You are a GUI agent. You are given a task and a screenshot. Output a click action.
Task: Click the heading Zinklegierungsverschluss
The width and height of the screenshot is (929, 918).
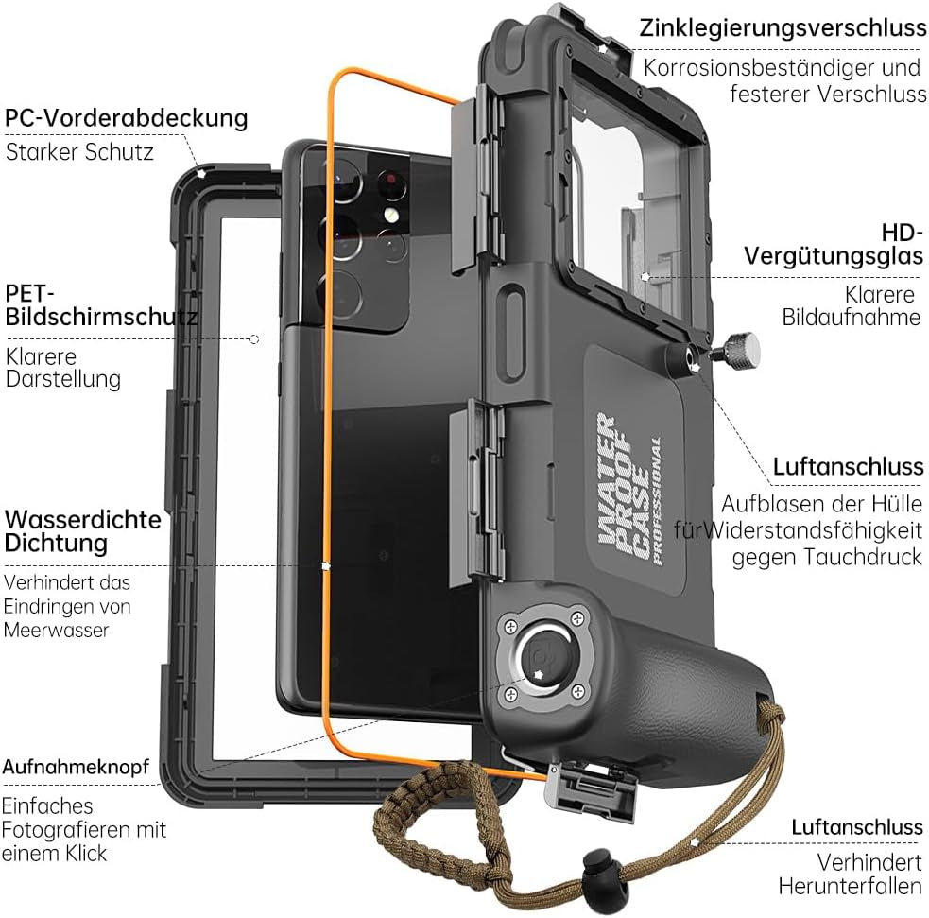tap(782, 27)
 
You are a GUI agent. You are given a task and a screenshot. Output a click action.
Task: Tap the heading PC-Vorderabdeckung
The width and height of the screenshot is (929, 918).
tap(127, 118)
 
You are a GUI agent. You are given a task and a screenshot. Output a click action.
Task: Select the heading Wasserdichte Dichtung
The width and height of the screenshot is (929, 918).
tap(83, 531)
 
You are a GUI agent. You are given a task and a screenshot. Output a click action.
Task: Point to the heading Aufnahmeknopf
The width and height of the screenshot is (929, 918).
tap(76, 767)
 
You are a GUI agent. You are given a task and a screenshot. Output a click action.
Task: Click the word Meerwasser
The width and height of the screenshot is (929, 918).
tap(57, 630)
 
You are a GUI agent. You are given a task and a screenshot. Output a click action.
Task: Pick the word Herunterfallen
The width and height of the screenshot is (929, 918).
tap(850, 886)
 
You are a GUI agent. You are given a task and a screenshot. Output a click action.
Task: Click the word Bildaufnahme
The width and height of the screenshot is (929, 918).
tap(851, 317)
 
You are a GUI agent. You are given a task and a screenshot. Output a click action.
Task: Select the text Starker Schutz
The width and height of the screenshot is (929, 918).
tap(79, 151)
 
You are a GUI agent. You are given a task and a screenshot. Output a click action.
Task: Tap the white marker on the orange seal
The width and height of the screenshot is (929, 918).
tap(325, 566)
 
